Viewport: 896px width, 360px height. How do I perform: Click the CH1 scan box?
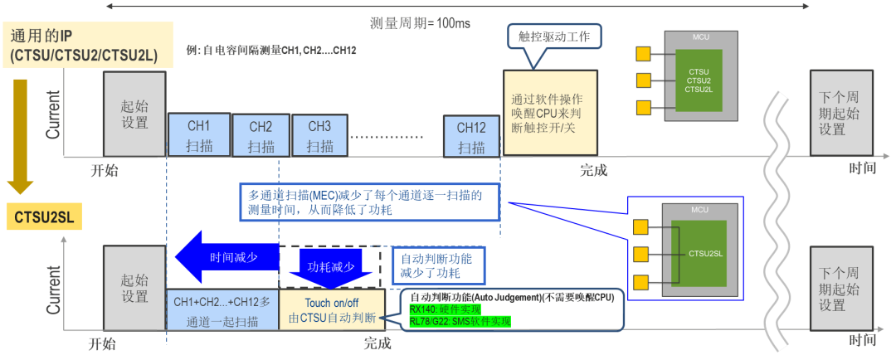click(x=198, y=135)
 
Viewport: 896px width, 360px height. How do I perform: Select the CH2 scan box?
click(x=261, y=136)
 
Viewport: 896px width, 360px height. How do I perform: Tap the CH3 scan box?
click(x=319, y=135)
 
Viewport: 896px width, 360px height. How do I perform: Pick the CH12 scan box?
click(x=471, y=135)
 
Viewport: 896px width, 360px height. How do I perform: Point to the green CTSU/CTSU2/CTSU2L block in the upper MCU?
click(x=698, y=80)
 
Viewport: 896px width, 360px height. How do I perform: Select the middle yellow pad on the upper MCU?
click(x=642, y=81)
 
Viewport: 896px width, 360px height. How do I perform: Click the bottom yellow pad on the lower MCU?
click(x=640, y=282)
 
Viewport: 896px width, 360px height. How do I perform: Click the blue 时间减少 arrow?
click(x=223, y=257)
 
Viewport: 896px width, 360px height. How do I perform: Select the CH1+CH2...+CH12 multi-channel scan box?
click(x=223, y=310)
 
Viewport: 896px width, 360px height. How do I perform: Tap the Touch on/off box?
click(x=332, y=310)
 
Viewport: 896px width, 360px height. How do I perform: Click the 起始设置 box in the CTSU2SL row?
click(x=134, y=288)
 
